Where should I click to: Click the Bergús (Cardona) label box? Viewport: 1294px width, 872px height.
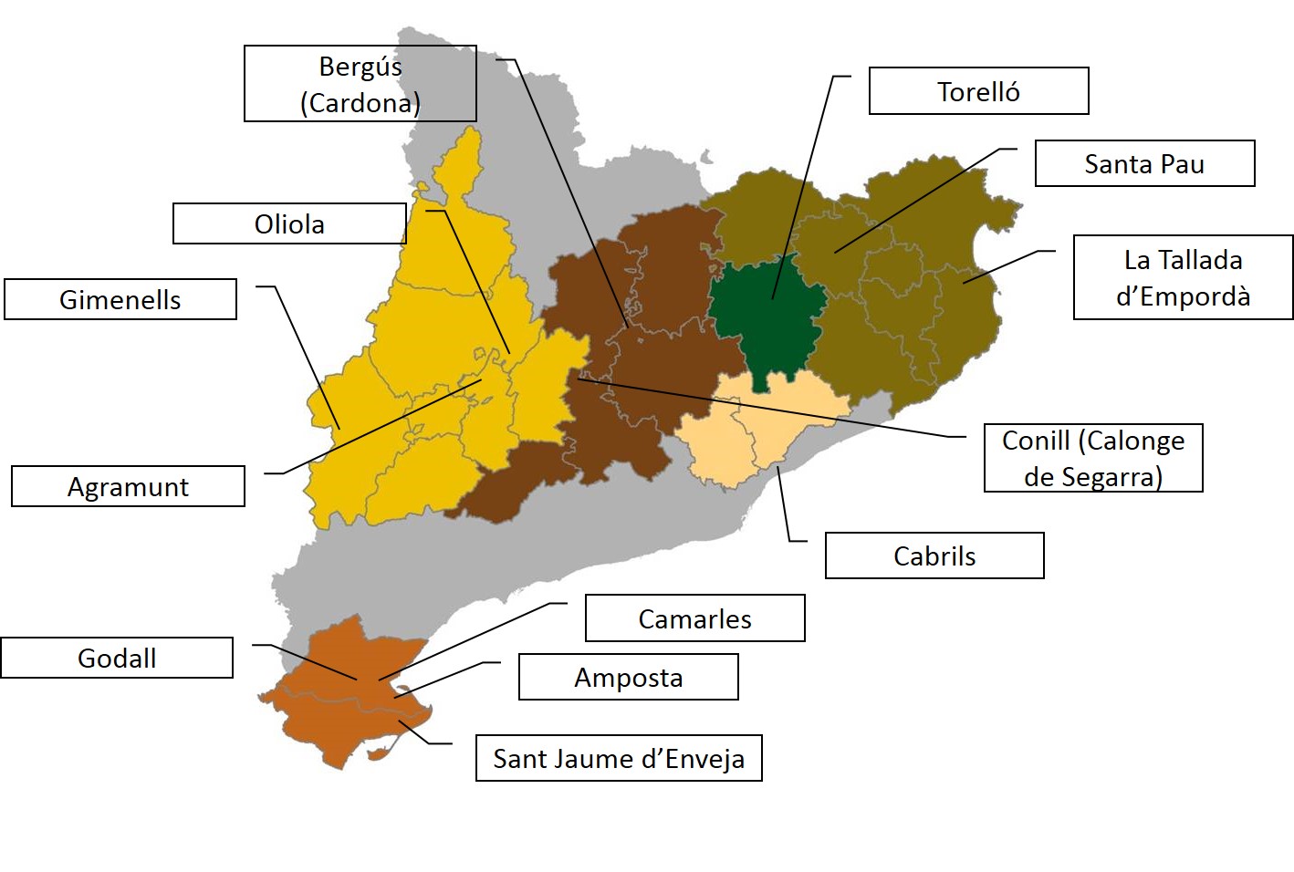360,84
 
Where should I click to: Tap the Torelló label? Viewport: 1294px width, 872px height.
978,91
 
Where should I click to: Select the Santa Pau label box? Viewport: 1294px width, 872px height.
1144,164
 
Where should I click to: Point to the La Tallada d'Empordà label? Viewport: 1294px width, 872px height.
1183,278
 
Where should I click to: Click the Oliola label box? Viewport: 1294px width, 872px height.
289,223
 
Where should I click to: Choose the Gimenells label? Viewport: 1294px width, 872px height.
120,299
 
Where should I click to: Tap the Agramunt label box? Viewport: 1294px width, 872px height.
128,486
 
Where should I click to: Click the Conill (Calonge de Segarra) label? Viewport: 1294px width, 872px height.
1093,458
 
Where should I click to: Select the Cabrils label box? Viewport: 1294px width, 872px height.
934,555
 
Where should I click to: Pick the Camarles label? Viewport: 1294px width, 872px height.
694,618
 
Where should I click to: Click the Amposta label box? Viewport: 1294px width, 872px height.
628,677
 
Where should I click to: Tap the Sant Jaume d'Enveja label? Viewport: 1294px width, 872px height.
619,758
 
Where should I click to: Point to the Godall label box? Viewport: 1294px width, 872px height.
117,658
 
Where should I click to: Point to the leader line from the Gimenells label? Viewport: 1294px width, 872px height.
306,356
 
